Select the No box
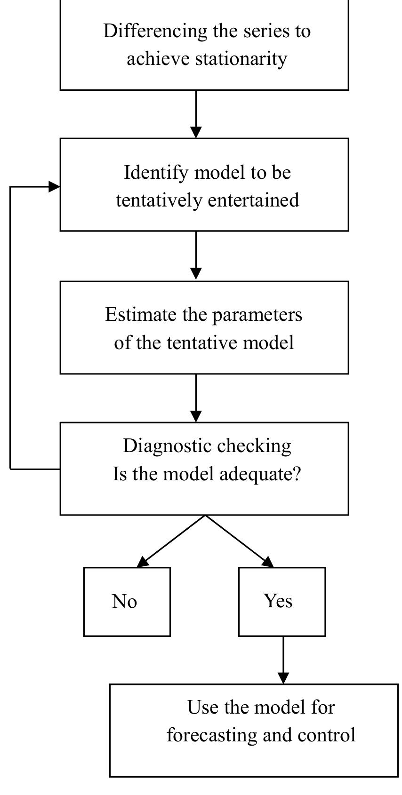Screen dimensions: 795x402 [127, 602]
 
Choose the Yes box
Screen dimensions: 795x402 [281, 602]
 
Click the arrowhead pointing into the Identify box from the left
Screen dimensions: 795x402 [54, 187]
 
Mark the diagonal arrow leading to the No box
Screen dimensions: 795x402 [171, 541]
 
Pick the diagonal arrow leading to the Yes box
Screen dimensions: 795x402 [239, 541]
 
